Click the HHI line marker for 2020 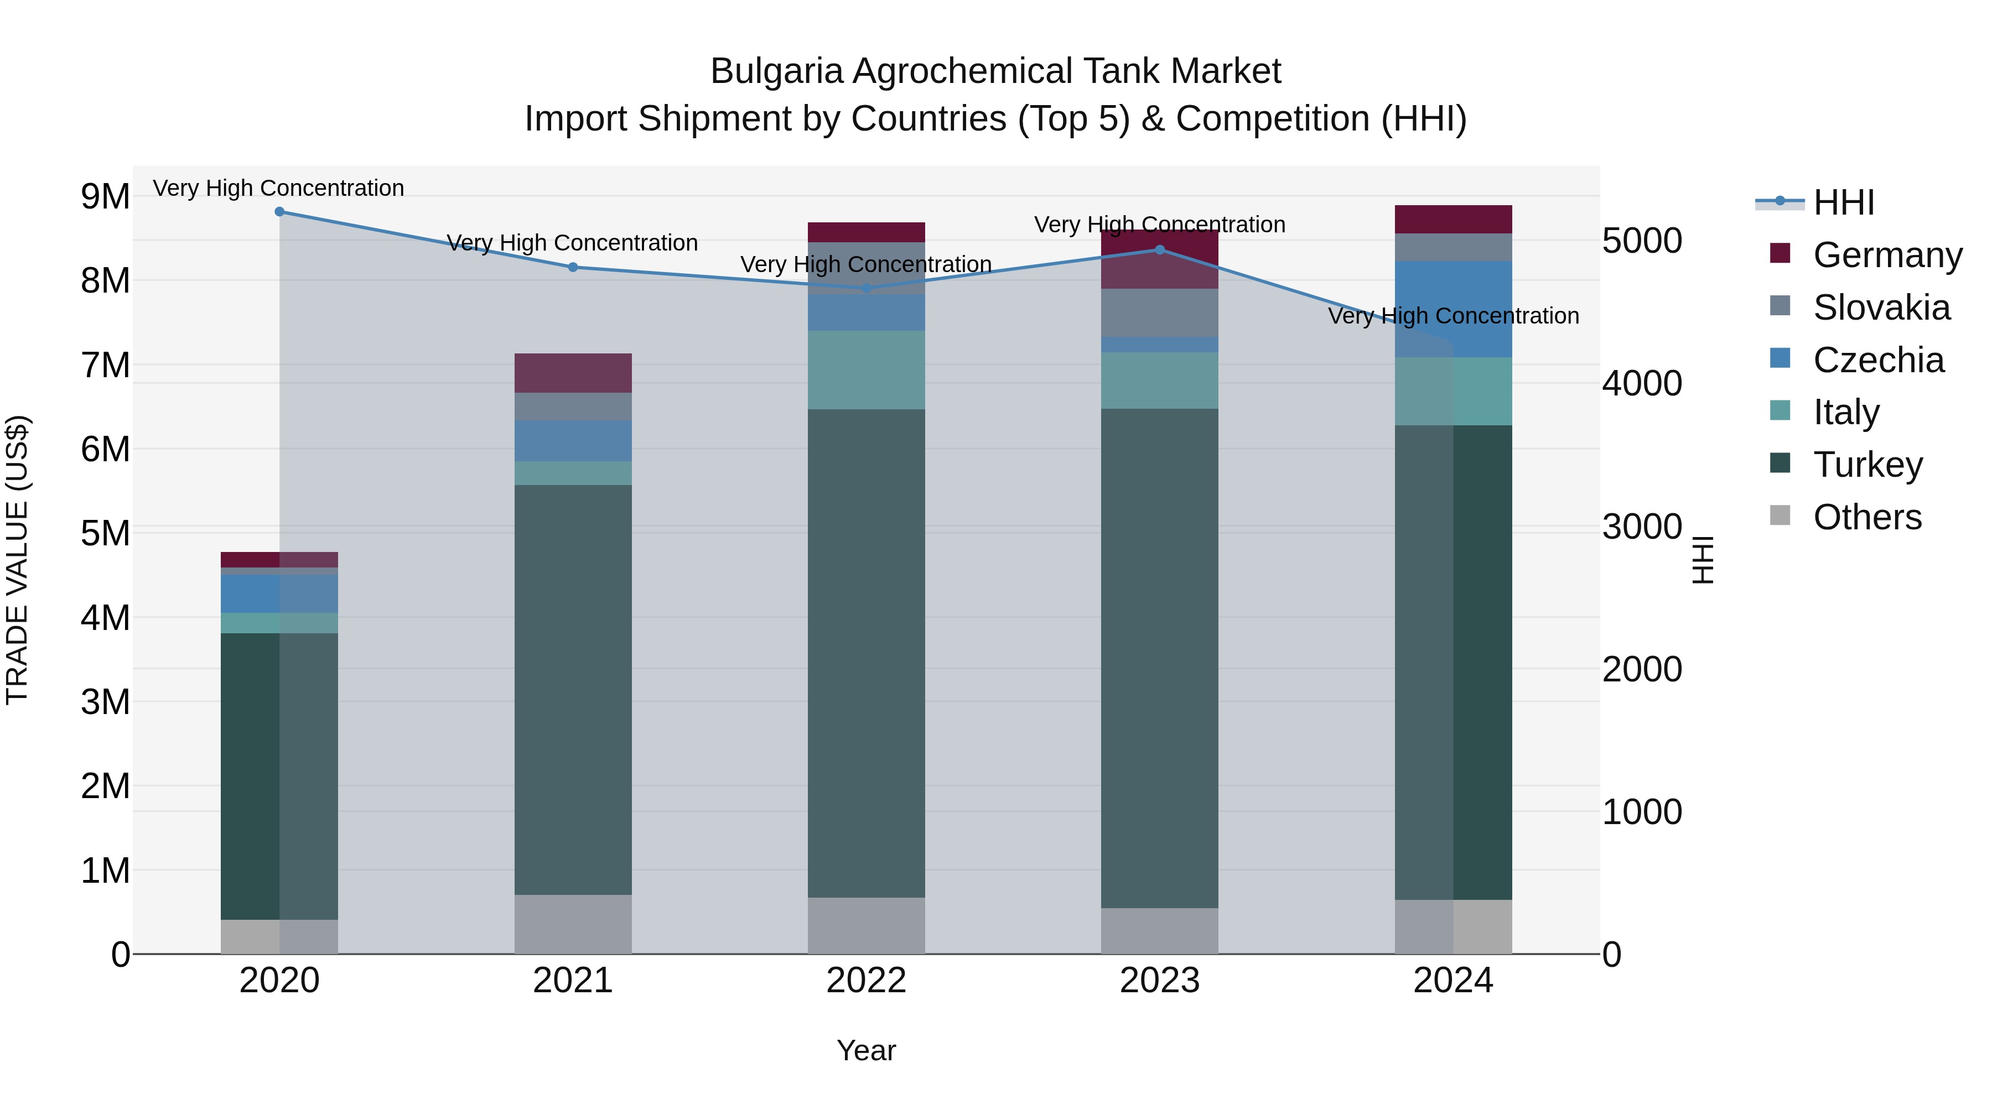pyautogui.click(x=279, y=212)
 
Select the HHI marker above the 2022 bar pyautogui.click(x=866, y=288)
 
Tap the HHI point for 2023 pyautogui.click(x=1159, y=249)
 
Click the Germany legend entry pyautogui.click(x=1886, y=255)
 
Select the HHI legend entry pyautogui.click(x=1843, y=202)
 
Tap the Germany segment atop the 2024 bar pyautogui.click(x=1453, y=220)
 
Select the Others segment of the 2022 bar pyautogui.click(x=866, y=925)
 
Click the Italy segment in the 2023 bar pyautogui.click(x=1159, y=381)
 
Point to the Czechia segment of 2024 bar pyautogui.click(x=1453, y=309)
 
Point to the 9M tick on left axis pyautogui.click(x=105, y=197)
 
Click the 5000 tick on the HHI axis pyautogui.click(x=1641, y=241)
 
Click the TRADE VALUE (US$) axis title pyautogui.click(x=17, y=560)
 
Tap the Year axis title pyautogui.click(x=866, y=1050)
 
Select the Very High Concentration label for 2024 pyautogui.click(x=1453, y=316)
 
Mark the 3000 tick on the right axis pyautogui.click(x=1641, y=527)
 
